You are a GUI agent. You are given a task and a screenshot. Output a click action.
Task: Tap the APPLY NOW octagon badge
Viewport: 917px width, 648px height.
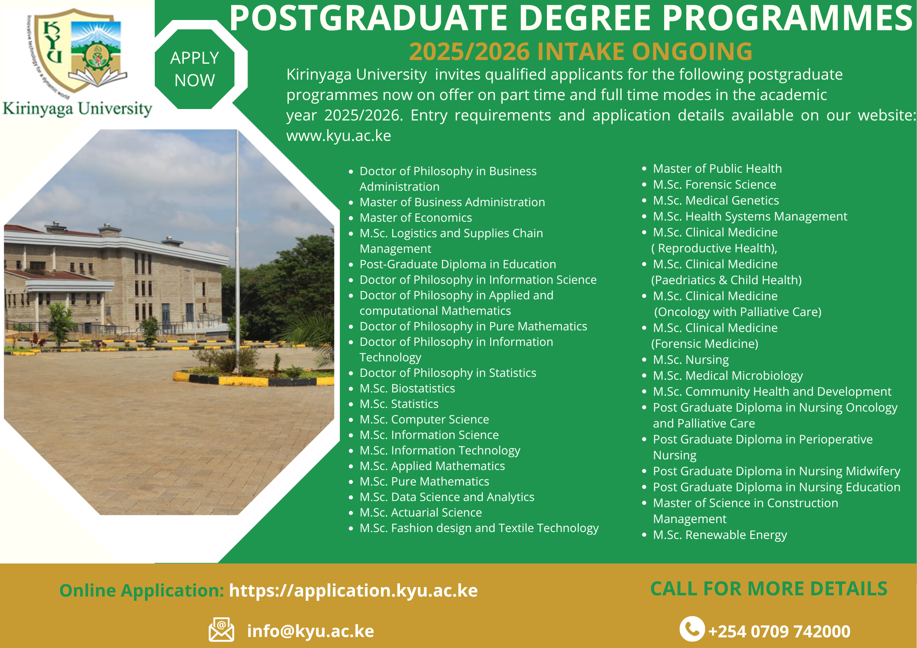pyautogui.click(x=195, y=69)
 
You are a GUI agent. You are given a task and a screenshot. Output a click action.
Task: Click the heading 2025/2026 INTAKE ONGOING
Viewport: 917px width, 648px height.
pyautogui.click(x=580, y=51)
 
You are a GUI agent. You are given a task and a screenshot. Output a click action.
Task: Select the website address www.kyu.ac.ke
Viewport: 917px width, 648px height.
pyautogui.click(x=339, y=136)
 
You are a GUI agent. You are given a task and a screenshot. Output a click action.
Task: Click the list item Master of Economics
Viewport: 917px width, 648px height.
pyautogui.click(x=415, y=218)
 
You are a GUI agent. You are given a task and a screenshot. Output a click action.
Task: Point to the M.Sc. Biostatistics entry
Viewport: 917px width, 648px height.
pyautogui.click(x=407, y=388)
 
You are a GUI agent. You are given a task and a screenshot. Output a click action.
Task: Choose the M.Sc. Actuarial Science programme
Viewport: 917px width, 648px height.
pyautogui.click(x=421, y=512)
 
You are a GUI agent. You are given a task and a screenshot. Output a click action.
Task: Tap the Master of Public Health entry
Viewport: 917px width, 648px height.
pyautogui.click(x=717, y=169)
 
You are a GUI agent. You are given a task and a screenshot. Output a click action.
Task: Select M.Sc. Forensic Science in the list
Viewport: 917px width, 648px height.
pyautogui.click(x=714, y=185)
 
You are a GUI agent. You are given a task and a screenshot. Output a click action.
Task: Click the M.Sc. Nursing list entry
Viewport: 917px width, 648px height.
pyautogui.click(x=691, y=360)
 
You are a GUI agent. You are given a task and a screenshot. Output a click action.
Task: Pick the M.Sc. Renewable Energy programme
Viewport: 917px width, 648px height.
pyautogui.click(x=720, y=535)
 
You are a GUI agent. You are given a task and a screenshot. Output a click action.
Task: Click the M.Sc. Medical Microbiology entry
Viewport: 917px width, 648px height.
pyautogui.click(x=728, y=376)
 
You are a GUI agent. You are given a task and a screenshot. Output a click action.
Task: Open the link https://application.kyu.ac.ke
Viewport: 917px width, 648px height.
pyautogui.click(x=353, y=590)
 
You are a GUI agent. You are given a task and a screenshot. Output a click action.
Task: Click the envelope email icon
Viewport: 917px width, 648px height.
pyautogui.click(x=221, y=630)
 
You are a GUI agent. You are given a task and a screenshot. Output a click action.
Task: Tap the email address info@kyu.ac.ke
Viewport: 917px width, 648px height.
pyautogui.click(x=310, y=631)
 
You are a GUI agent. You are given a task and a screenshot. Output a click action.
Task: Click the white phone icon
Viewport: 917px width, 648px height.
pyautogui.click(x=692, y=629)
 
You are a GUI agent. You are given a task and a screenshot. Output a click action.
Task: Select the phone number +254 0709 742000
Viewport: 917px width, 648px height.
pyautogui.click(x=779, y=631)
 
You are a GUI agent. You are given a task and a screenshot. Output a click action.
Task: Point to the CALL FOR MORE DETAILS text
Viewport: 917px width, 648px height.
pyautogui.click(x=769, y=589)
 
